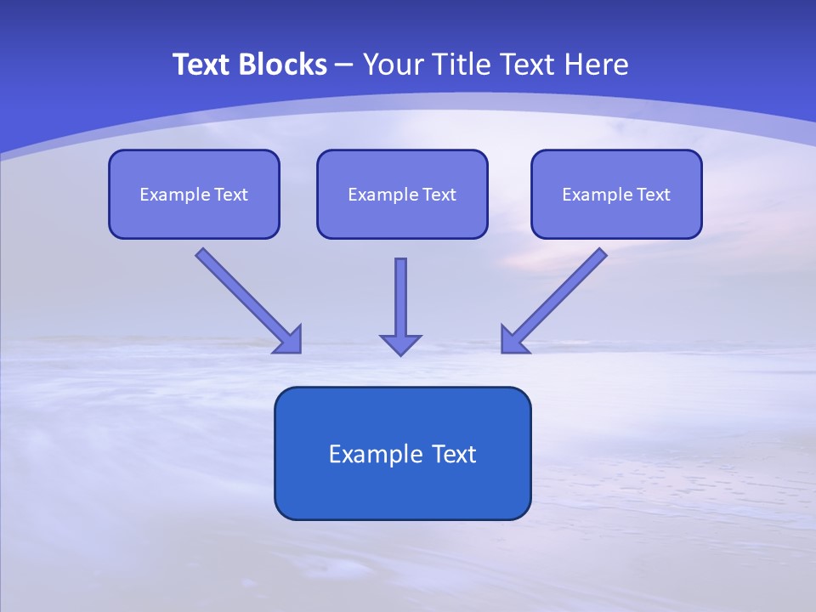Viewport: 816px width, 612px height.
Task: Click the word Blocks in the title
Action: [x=283, y=65]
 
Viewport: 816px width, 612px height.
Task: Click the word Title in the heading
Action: [x=462, y=65]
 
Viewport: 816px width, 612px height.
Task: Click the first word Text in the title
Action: [x=202, y=65]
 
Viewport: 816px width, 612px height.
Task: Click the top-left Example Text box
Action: [x=194, y=194]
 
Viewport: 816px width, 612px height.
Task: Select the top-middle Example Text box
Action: [x=402, y=194]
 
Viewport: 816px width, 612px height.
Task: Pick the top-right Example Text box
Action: [x=617, y=194]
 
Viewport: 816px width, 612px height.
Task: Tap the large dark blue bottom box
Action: [x=403, y=453]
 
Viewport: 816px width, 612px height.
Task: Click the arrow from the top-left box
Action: [x=248, y=301]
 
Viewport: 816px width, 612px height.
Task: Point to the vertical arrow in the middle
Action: [x=400, y=307]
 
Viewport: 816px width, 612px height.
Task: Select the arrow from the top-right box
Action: [x=554, y=301]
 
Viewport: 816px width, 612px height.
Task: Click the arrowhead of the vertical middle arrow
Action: [x=400, y=345]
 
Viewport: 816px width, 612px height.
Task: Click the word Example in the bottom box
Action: [x=369, y=454]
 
